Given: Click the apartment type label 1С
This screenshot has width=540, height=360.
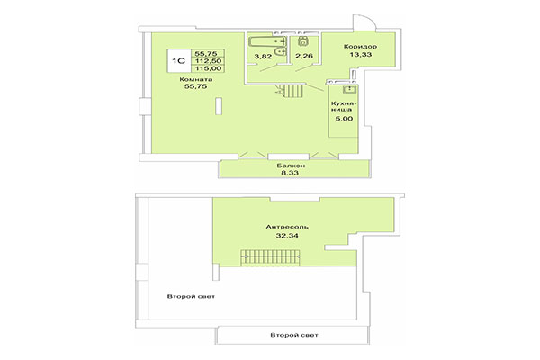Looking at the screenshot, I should tap(178, 62).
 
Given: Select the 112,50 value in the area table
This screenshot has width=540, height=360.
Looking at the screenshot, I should tap(211, 61).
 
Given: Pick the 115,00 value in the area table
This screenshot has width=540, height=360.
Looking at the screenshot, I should tap(211, 68).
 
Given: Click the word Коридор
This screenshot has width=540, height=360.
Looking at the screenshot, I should tap(360, 47).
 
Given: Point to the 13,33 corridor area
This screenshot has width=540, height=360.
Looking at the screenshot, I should tap(360, 55).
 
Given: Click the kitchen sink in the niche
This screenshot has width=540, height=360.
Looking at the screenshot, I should tap(348, 90).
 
